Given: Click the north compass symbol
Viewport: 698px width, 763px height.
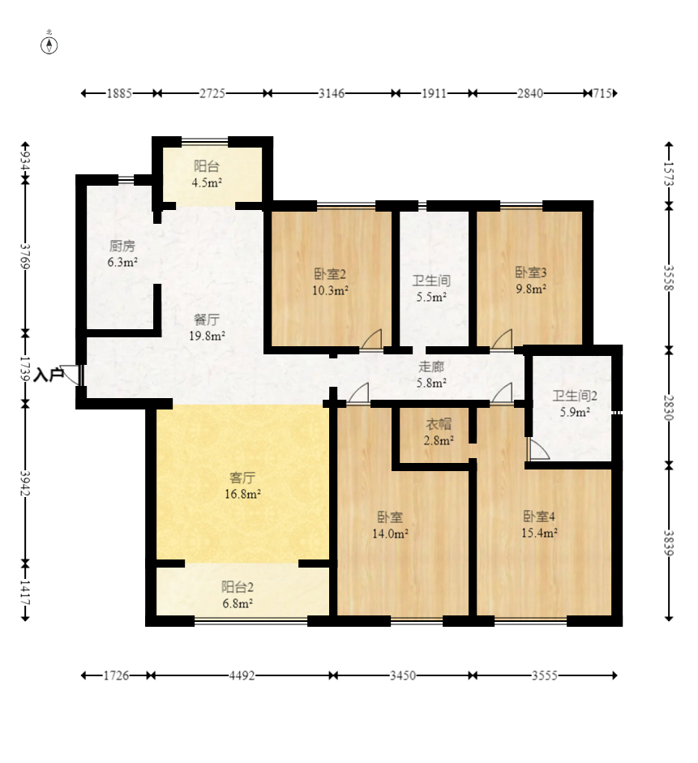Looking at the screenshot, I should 49,44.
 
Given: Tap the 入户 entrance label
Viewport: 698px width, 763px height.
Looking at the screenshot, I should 49,375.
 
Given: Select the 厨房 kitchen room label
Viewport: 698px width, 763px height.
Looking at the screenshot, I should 122,246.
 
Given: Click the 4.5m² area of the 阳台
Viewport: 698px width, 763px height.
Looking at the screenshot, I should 207,183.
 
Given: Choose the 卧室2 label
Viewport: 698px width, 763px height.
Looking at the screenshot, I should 331,273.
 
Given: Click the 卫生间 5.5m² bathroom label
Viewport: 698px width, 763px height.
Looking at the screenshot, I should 430,281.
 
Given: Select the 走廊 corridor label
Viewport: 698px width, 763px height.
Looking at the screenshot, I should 430,366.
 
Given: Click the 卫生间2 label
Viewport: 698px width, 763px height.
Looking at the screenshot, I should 575,397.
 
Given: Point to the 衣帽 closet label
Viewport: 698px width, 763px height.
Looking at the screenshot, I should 439,424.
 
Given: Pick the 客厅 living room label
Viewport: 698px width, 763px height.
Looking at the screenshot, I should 242,478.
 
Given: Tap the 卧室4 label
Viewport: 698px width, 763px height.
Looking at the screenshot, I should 539,517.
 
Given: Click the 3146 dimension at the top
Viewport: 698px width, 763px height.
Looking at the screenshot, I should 332,93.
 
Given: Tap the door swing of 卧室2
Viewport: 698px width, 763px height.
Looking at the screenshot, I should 371,341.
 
